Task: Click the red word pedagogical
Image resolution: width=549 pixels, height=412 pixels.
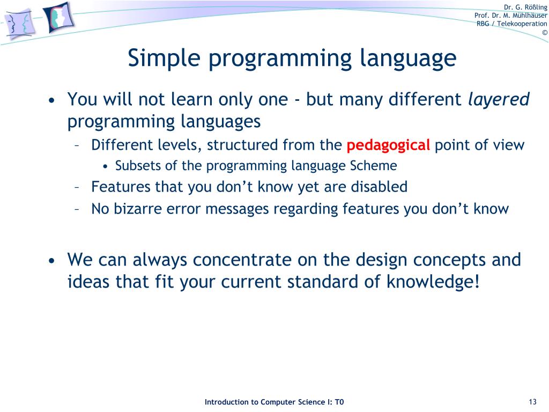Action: tap(388, 145)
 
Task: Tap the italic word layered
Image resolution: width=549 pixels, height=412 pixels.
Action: tap(499, 99)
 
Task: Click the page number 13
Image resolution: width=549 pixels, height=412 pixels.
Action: tap(532, 402)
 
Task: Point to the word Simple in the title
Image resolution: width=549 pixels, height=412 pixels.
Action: tap(164, 58)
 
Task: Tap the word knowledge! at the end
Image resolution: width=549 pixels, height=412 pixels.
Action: tap(433, 281)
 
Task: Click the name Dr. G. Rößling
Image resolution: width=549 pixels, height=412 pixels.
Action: tap(525, 8)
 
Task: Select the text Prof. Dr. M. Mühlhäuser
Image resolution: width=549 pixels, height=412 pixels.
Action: tap(510, 16)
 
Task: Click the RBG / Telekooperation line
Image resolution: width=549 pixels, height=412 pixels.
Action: tap(511, 24)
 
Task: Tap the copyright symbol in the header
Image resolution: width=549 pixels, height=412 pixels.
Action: tap(545, 33)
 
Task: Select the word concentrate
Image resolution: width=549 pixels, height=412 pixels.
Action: tap(242, 260)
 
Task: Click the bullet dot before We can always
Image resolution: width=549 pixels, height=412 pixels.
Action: tap(52, 261)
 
